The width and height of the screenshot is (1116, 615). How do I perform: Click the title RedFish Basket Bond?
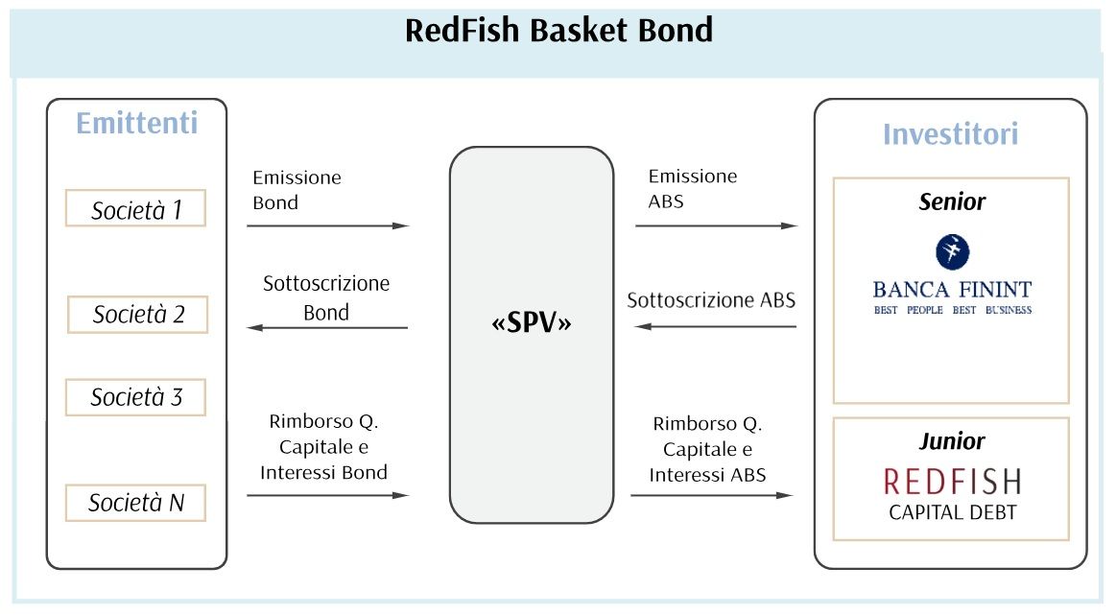(x=558, y=31)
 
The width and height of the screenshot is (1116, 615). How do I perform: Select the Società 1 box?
(x=136, y=208)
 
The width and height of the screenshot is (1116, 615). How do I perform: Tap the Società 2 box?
(x=137, y=315)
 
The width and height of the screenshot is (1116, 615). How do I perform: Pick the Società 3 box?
(x=136, y=397)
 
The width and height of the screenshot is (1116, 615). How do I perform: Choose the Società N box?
(x=136, y=504)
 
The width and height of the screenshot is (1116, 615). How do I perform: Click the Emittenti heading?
(x=136, y=123)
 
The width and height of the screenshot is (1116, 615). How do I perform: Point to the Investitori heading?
(x=951, y=133)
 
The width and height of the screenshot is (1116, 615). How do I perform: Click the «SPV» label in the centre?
(x=532, y=323)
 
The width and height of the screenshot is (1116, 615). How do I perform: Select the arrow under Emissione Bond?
(x=328, y=225)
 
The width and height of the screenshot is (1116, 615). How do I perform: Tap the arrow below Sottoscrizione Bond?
(x=327, y=327)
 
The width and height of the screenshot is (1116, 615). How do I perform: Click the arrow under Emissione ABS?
(x=717, y=225)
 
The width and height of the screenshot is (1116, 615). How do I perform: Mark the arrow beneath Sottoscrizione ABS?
(x=715, y=327)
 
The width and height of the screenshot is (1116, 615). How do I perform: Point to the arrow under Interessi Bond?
(x=328, y=495)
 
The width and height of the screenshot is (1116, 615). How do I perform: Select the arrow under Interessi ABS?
(x=712, y=495)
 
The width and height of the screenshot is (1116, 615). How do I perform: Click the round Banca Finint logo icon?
(x=952, y=252)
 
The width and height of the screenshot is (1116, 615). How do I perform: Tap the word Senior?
(x=952, y=202)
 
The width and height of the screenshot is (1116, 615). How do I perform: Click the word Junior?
(x=952, y=441)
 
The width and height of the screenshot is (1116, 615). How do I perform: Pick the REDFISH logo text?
(x=952, y=482)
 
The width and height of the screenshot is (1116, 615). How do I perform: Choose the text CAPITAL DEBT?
(x=952, y=512)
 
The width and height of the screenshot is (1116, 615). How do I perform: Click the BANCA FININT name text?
(x=952, y=290)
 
